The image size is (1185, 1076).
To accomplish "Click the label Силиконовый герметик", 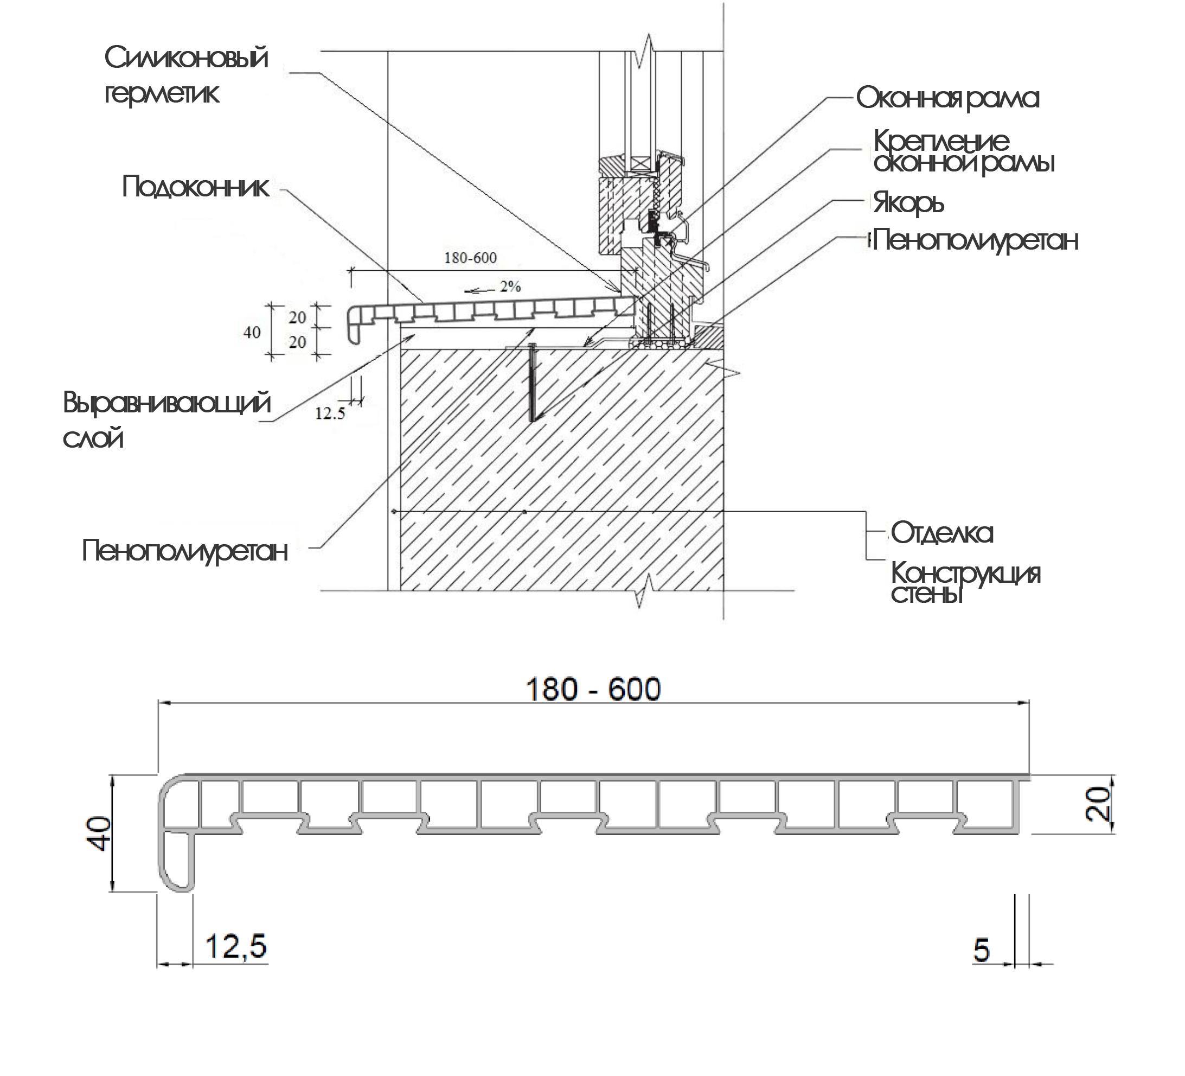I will pyautogui.click(x=185, y=75).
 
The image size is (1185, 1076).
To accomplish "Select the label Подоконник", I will pyautogui.click(x=195, y=188).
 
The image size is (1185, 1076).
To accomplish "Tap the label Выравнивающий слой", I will pyautogui.click(x=166, y=420).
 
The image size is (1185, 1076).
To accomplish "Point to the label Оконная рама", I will pyautogui.click(x=947, y=98).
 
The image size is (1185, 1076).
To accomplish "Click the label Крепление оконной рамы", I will pyautogui.click(x=963, y=152).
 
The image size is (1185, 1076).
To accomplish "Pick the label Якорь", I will pyautogui.click(x=908, y=203).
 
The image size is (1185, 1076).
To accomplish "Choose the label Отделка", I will pyautogui.click(x=941, y=533).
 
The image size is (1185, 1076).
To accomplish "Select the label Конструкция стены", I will pyautogui.click(x=965, y=582).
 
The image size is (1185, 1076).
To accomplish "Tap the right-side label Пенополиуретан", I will pyautogui.click(x=975, y=240).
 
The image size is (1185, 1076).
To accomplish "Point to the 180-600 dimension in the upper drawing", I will pyautogui.click(x=470, y=258).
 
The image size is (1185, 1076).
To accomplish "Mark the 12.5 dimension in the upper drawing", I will pyautogui.click(x=330, y=413).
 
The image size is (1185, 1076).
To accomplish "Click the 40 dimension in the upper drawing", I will pyautogui.click(x=252, y=332).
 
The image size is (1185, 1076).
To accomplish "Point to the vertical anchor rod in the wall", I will pyautogui.click(x=532, y=381).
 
